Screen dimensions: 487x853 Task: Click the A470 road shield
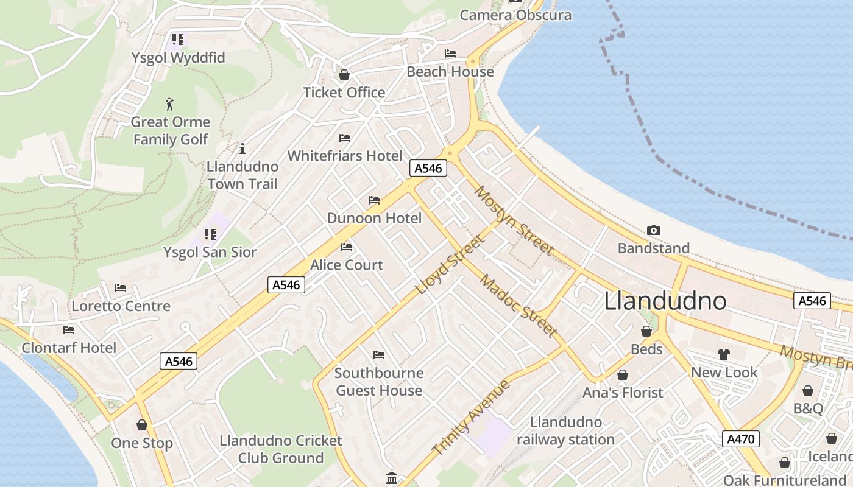tap(741, 438)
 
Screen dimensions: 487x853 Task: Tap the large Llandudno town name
tap(665, 301)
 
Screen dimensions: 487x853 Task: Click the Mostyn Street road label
tap(514, 220)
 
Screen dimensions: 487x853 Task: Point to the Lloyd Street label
tap(450, 264)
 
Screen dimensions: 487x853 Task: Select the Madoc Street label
tap(518, 306)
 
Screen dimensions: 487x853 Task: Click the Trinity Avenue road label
tap(470, 418)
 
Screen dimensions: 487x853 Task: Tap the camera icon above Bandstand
tap(654, 230)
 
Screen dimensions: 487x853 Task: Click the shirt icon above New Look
tap(723, 354)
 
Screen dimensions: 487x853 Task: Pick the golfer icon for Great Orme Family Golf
tap(170, 104)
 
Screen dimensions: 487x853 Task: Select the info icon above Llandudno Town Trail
tap(242, 149)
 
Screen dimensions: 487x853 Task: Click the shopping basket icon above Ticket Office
tap(344, 75)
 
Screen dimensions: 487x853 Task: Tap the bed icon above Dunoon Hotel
tap(374, 200)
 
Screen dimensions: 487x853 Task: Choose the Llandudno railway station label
tap(565, 431)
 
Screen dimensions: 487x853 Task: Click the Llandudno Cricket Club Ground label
tap(281, 449)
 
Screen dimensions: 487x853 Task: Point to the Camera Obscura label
tap(515, 15)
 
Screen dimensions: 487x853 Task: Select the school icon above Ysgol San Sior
tap(210, 234)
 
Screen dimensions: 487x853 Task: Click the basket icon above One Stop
tap(142, 425)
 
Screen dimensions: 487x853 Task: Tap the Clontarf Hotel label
tap(69, 348)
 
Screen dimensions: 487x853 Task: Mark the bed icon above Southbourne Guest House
tap(379, 354)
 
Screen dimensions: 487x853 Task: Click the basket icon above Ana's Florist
tap(623, 375)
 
